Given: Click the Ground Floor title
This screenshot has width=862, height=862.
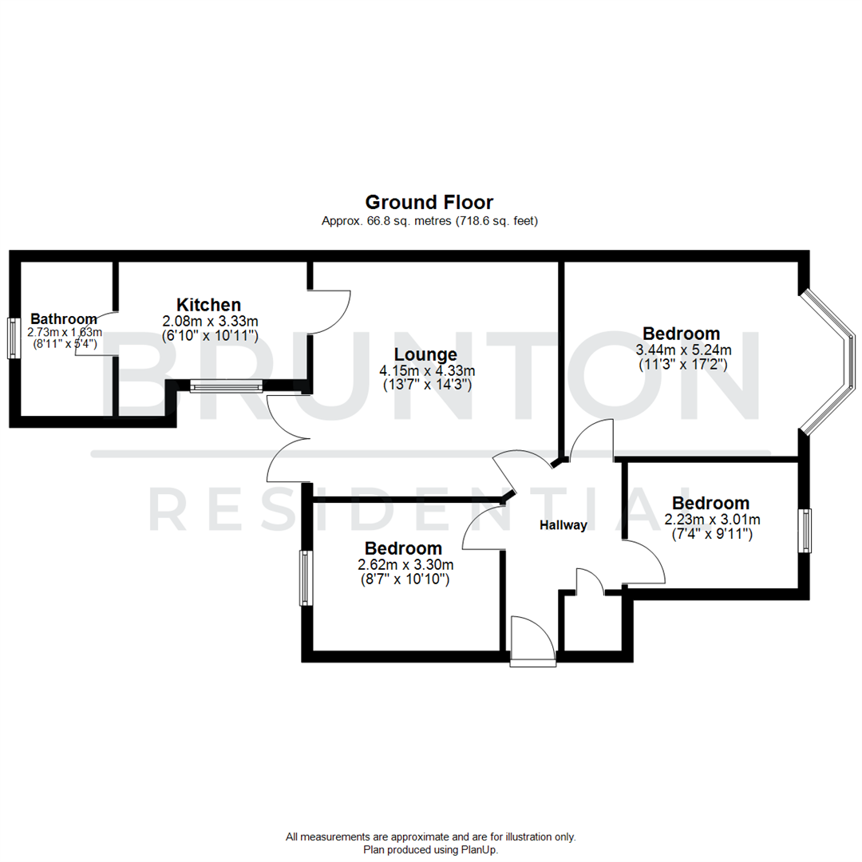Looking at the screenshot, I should [429, 202].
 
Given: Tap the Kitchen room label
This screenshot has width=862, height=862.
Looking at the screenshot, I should [208, 305].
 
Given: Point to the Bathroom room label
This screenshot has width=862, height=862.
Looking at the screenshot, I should [64, 319].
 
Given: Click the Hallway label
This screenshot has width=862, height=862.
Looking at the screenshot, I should [563, 525].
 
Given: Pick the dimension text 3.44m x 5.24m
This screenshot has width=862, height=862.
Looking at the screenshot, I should [683, 350].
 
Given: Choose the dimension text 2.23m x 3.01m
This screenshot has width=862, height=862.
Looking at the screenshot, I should [712, 520].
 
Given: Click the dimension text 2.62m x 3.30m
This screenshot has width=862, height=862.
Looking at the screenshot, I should [405, 565].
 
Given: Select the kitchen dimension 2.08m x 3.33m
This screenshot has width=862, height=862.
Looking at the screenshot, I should [210, 321].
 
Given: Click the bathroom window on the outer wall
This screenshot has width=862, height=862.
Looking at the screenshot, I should [14, 339].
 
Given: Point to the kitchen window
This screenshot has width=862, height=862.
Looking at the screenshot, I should [227, 388].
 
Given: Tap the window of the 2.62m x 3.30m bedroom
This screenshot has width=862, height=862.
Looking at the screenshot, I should [304, 577].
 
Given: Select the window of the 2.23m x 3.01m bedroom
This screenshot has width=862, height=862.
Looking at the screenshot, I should [806, 532].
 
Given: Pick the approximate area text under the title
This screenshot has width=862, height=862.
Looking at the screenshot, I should [429, 221].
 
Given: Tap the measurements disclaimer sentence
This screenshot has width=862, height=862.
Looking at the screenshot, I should [430, 837].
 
